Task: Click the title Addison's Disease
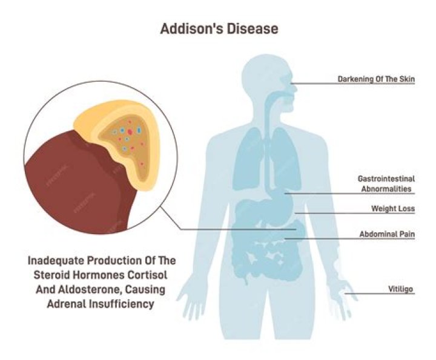coord(219,28)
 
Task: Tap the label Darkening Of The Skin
coord(376,79)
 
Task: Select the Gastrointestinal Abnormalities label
coord(386,183)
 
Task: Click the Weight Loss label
coord(393,208)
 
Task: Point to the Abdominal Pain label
coord(387,234)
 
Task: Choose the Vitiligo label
coord(400,289)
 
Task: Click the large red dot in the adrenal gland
coord(130,132)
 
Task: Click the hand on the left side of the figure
coord(192,297)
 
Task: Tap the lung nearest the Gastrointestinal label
coord(286,159)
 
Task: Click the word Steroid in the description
coord(51,275)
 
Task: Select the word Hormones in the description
coord(98,275)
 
